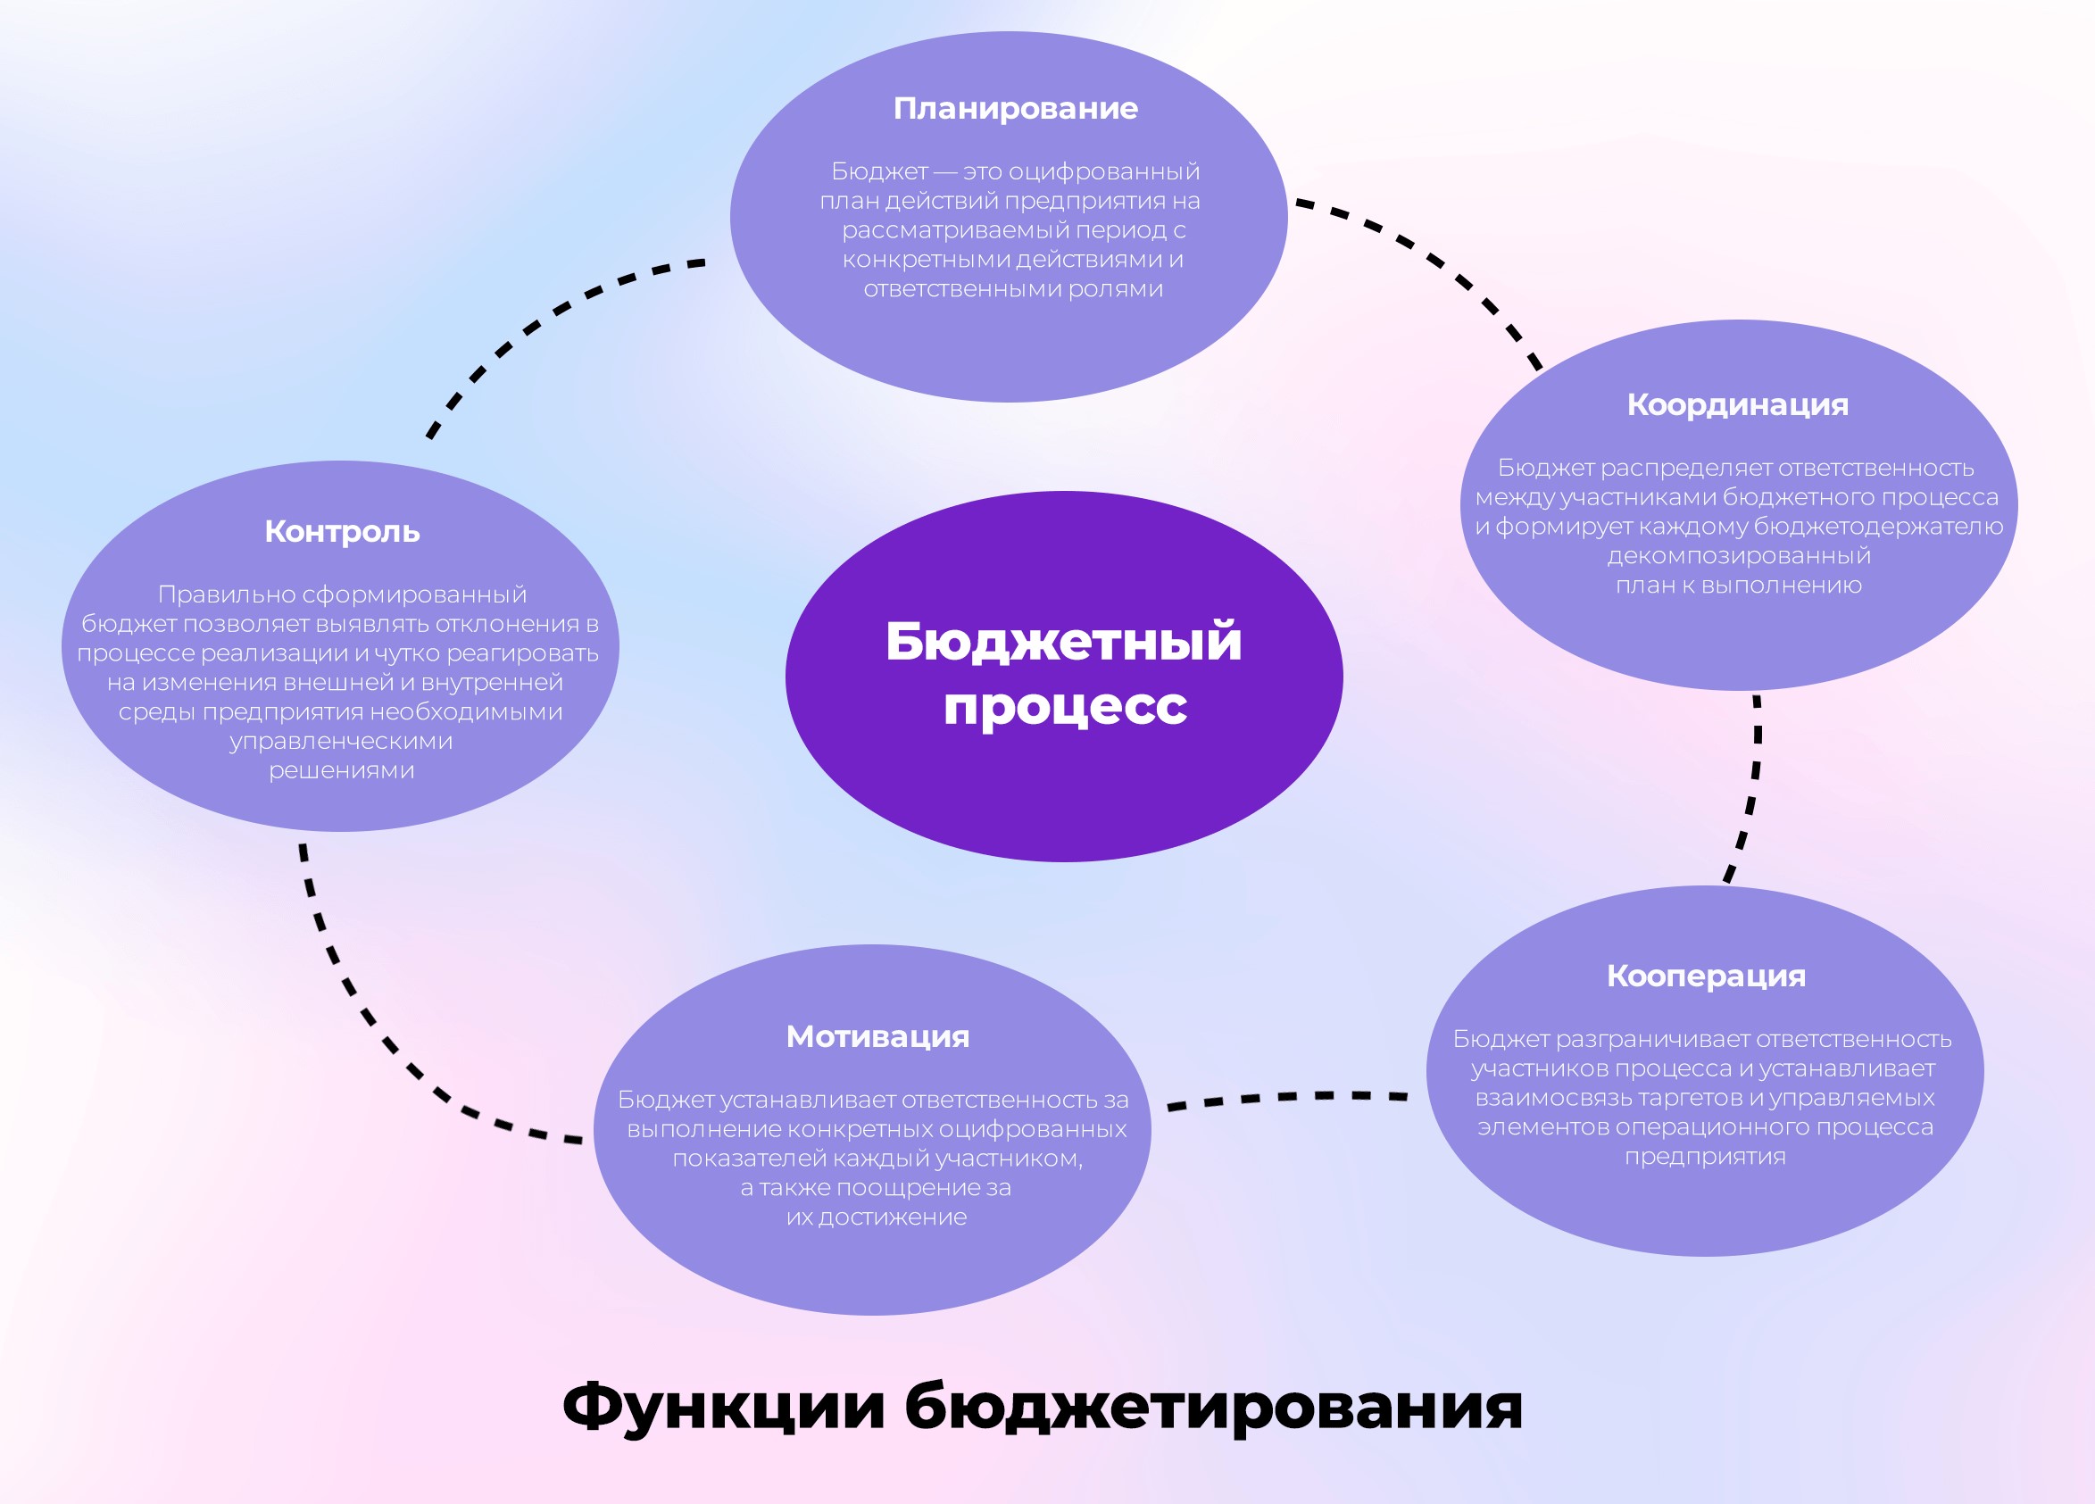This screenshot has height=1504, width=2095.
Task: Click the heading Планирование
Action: [x=1015, y=109]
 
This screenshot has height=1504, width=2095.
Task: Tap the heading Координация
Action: [x=1738, y=405]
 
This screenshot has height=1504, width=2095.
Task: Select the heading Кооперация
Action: [x=1706, y=976]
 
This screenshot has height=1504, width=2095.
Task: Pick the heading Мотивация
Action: [x=877, y=1036]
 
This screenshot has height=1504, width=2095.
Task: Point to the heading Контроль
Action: [x=342, y=532]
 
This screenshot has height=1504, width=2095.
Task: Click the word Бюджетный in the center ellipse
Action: [x=1063, y=643]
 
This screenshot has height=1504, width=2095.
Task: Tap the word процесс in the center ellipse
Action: [x=1065, y=708]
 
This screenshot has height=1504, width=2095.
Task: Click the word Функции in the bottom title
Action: [x=723, y=1406]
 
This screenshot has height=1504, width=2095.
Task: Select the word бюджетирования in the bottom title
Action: [x=1214, y=1408]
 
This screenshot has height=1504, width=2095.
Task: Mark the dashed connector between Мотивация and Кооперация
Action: [x=1287, y=1098]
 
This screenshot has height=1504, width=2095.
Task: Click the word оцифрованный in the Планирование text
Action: [x=1105, y=173]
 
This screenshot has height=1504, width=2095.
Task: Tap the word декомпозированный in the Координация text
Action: [x=1740, y=557]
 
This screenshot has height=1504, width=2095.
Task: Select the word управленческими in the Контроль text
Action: [x=341, y=742]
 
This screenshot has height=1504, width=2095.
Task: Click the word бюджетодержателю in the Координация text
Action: [x=1878, y=528]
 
